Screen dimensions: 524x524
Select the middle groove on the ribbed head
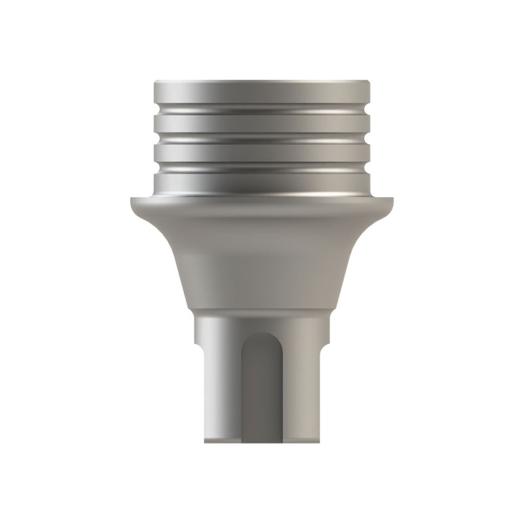(x=262, y=139)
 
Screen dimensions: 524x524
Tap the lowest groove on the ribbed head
(x=262, y=168)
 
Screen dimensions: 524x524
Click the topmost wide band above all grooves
(x=262, y=92)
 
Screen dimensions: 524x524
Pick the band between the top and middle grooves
(x=262, y=124)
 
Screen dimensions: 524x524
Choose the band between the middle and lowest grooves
(x=262, y=154)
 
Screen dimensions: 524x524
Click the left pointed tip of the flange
(x=130, y=201)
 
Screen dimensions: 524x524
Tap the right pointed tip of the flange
(x=394, y=201)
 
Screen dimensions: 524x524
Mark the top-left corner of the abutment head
(x=155, y=81)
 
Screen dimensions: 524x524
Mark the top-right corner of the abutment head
(x=369, y=81)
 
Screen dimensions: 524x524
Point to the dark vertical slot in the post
(x=262, y=393)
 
